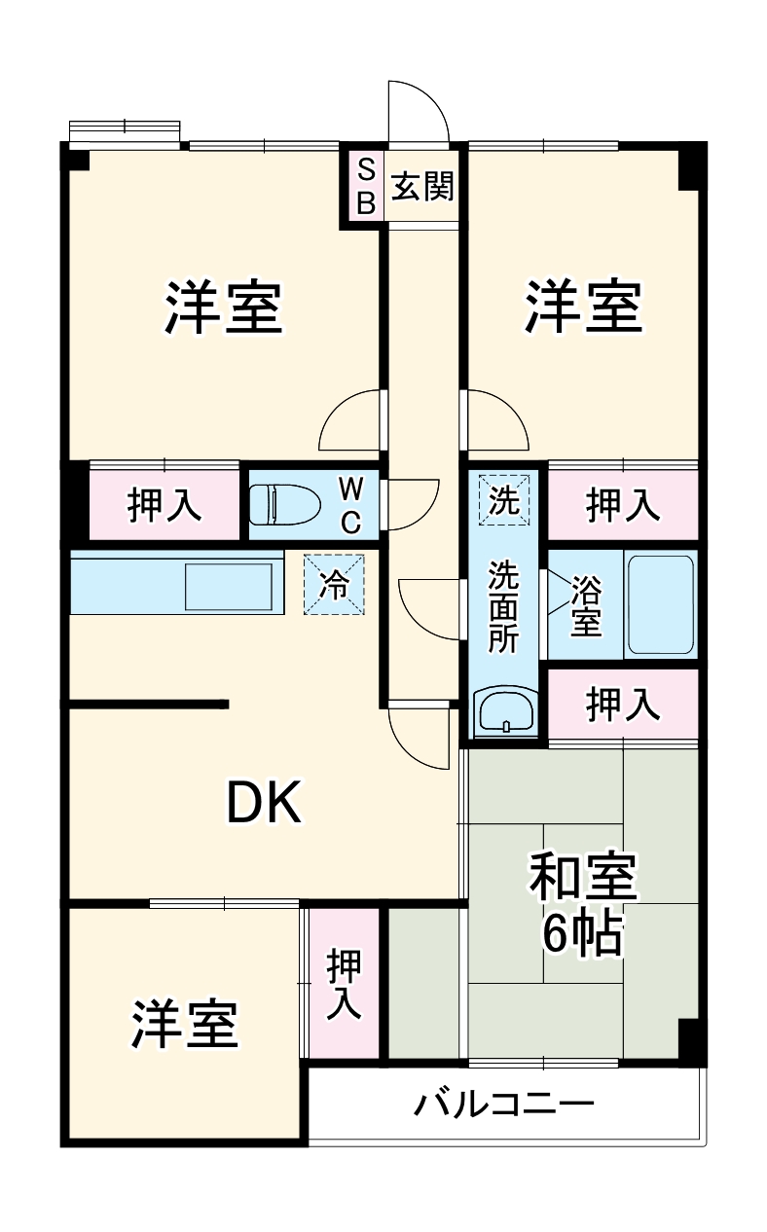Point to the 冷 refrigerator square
click(x=335, y=585)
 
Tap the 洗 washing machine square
click(x=504, y=499)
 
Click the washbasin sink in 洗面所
click(x=504, y=712)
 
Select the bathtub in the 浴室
click(x=660, y=603)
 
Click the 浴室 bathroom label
click(x=585, y=605)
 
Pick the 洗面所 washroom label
click(x=504, y=605)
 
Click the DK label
click(x=265, y=804)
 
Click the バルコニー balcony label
click(x=503, y=1104)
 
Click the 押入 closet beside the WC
click(x=164, y=504)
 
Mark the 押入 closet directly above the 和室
click(x=622, y=707)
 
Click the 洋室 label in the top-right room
click(x=584, y=307)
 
